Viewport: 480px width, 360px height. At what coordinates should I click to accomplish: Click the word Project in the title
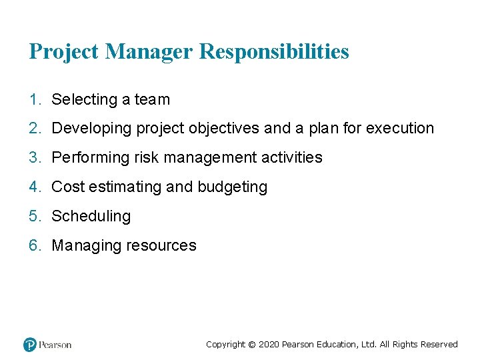click(64, 51)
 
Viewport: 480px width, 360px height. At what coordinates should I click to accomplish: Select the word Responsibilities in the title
click(274, 51)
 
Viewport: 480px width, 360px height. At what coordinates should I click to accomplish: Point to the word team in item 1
click(152, 100)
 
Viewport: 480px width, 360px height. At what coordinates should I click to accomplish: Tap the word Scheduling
click(91, 217)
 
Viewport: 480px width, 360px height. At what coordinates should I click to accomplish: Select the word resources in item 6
click(163, 246)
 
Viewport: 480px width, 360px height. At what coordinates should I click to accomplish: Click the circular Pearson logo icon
click(30, 345)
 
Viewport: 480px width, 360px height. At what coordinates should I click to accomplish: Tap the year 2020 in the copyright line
click(268, 345)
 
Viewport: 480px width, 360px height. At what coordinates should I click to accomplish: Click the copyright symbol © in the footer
click(251, 345)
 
